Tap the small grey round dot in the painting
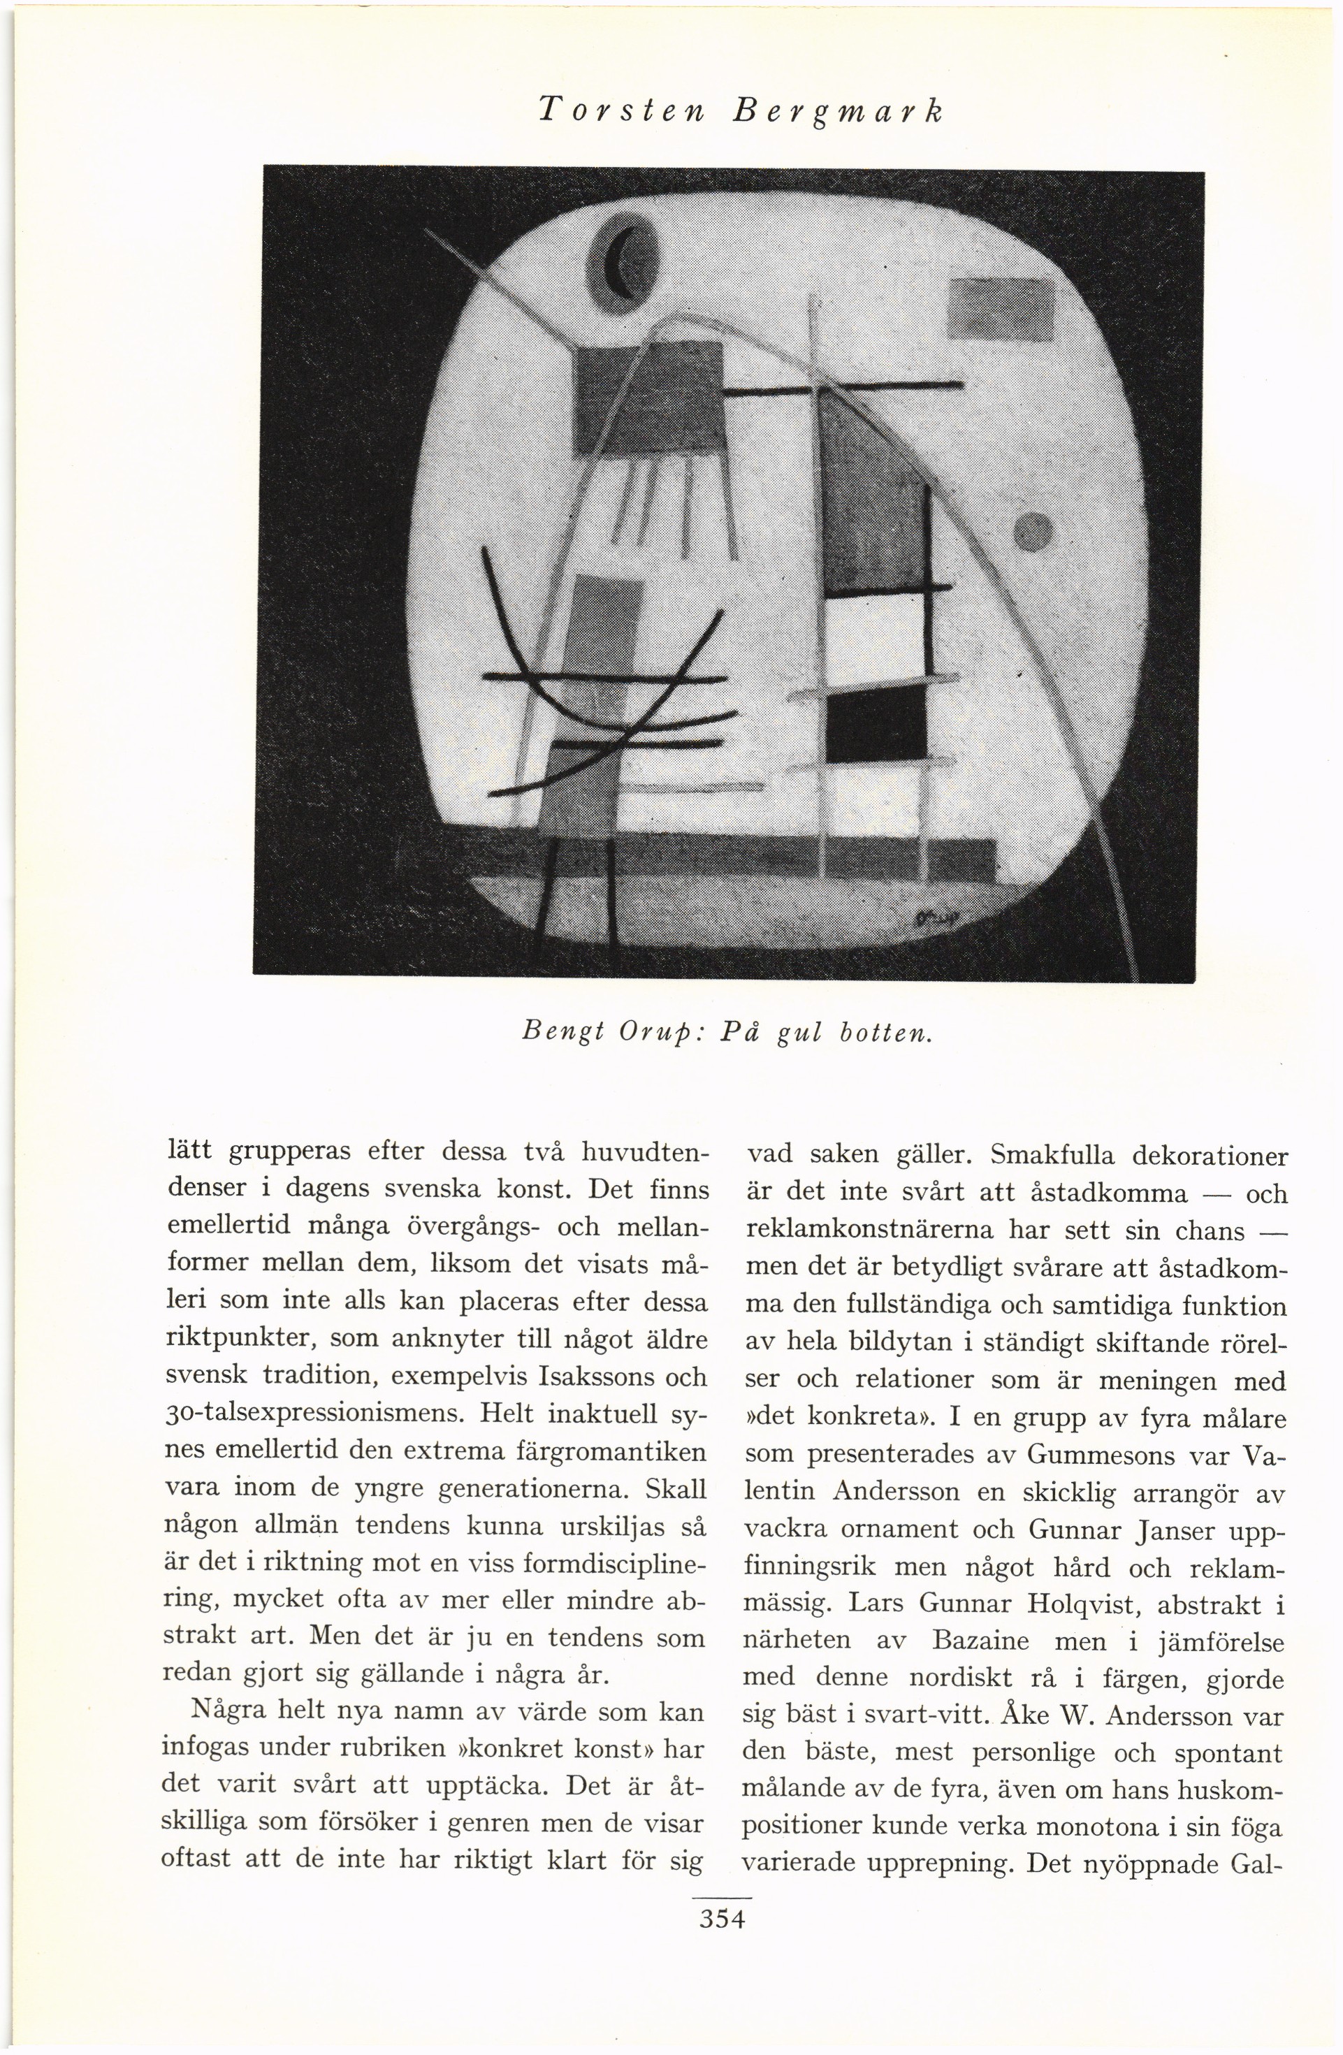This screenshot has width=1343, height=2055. coord(1032,528)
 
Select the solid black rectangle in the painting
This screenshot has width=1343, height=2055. coord(876,726)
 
